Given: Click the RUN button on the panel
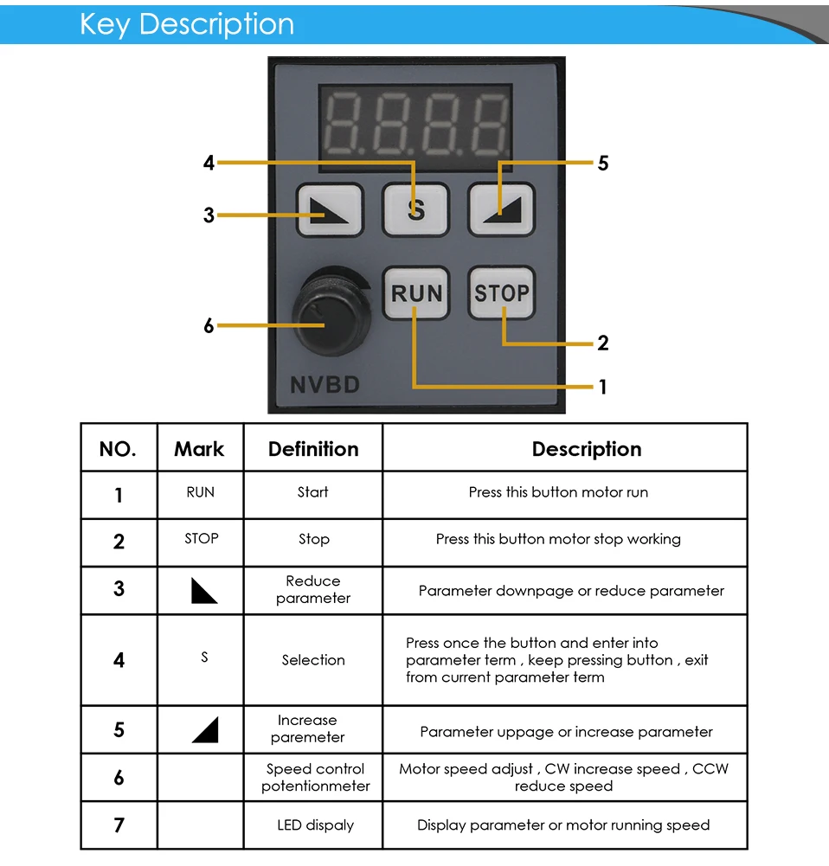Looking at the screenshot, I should point(416,294).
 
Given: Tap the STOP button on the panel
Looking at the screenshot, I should point(502,293).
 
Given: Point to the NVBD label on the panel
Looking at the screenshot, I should point(325,384).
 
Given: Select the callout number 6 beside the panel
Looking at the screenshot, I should point(209,326).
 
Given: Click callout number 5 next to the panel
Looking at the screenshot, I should point(603,164).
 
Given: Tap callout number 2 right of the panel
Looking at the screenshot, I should point(603,343).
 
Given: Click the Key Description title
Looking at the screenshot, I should point(187,24).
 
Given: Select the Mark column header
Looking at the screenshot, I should point(199,449).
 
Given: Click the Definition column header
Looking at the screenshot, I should point(313,449).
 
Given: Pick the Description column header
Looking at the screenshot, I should point(587,449).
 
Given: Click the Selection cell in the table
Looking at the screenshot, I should point(313,660).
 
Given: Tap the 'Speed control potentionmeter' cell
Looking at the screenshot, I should point(315,778).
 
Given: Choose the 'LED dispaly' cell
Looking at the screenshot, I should point(315,825).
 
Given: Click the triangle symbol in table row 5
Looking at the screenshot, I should point(205,731).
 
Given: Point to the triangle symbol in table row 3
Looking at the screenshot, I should point(203,591).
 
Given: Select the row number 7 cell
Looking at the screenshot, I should point(119,825).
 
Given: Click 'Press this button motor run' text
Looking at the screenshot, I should point(558,492).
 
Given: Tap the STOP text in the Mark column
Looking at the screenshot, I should point(201,539).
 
